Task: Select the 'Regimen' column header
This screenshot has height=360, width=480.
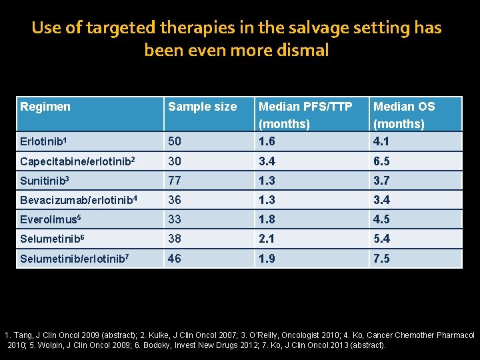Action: (x=45, y=107)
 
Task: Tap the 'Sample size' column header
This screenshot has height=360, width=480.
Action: (x=202, y=107)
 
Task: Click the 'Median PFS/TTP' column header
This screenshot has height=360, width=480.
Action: (x=305, y=107)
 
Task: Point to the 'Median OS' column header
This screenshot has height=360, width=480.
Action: (x=404, y=107)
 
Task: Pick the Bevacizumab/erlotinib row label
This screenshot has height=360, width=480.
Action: (x=76, y=200)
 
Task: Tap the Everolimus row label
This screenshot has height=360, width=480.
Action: (x=49, y=219)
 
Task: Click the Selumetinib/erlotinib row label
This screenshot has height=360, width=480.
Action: (x=74, y=258)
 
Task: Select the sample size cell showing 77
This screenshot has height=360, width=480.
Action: (x=175, y=181)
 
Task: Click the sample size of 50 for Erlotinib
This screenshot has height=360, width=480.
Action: (x=175, y=141)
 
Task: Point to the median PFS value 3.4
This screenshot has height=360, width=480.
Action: (x=267, y=161)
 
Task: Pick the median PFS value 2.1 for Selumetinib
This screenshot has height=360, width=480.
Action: (x=267, y=239)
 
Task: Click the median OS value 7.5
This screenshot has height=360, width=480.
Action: (x=382, y=258)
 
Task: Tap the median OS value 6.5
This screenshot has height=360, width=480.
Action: (x=382, y=161)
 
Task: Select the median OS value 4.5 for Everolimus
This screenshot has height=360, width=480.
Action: (x=382, y=219)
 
